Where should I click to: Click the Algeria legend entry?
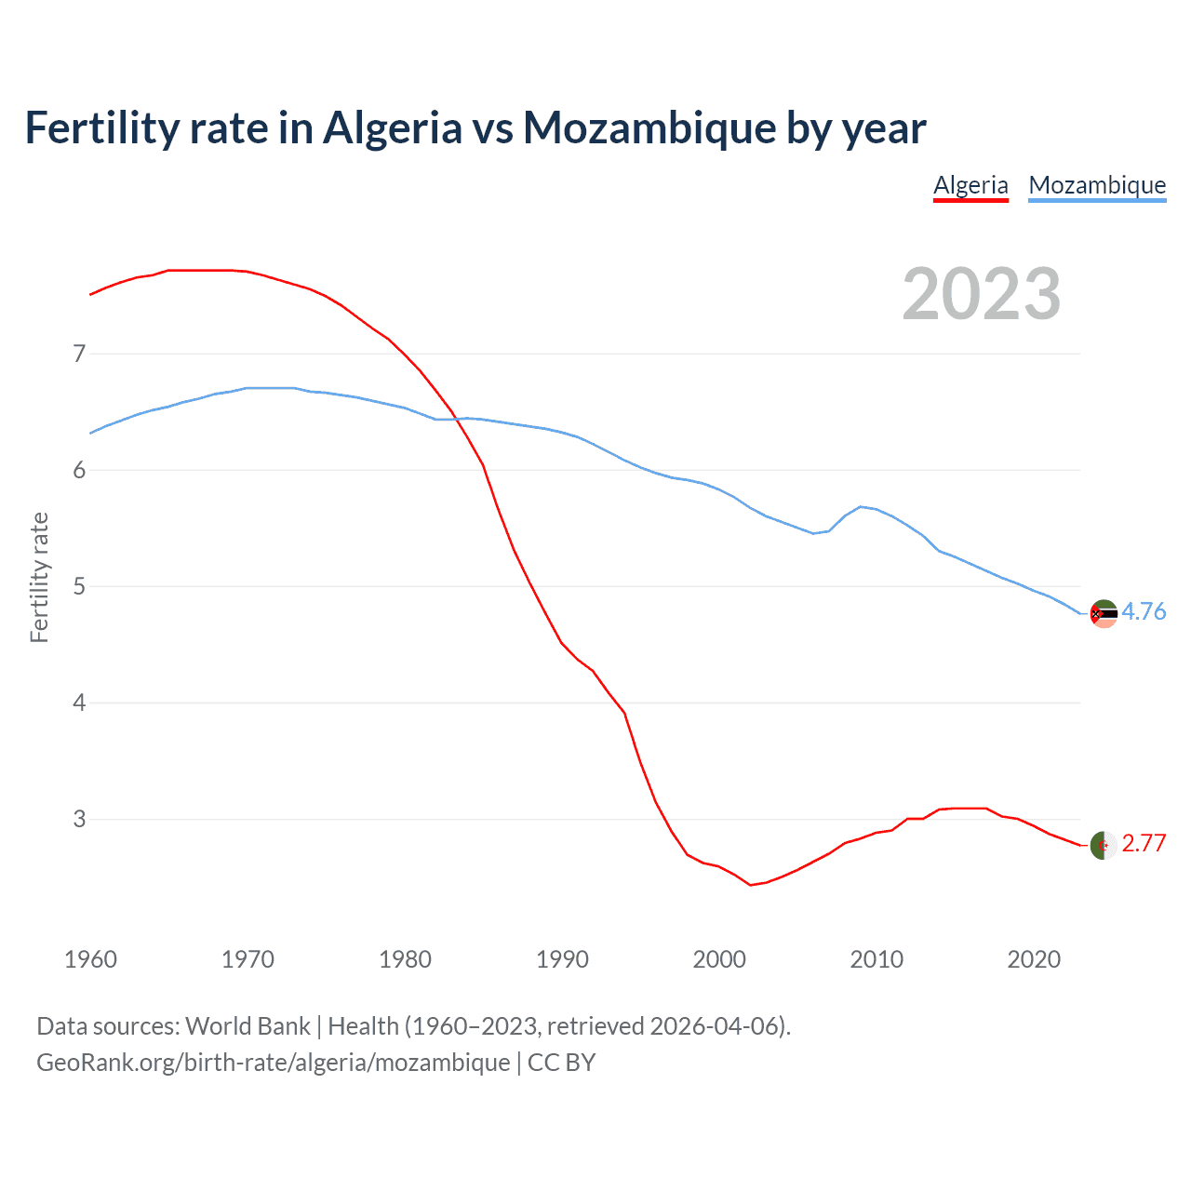970,185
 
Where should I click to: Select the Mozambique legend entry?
1097,185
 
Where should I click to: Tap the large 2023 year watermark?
981,294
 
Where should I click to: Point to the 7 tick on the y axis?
79,354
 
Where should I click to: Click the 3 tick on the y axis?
79,819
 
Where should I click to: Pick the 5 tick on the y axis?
79,586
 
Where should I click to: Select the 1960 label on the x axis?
90,959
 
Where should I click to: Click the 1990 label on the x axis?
562,959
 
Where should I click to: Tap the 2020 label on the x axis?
1034,959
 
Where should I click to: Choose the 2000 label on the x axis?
719,959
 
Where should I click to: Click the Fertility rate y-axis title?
39,577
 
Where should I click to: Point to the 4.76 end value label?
1144,611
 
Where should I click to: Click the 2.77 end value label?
1144,843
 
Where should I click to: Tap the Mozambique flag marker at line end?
1104,613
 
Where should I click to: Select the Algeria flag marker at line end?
1104,845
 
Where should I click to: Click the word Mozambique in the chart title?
649,128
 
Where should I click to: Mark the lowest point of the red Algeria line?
751,885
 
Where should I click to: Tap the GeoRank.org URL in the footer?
273,1063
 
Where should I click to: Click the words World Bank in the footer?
248,1026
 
